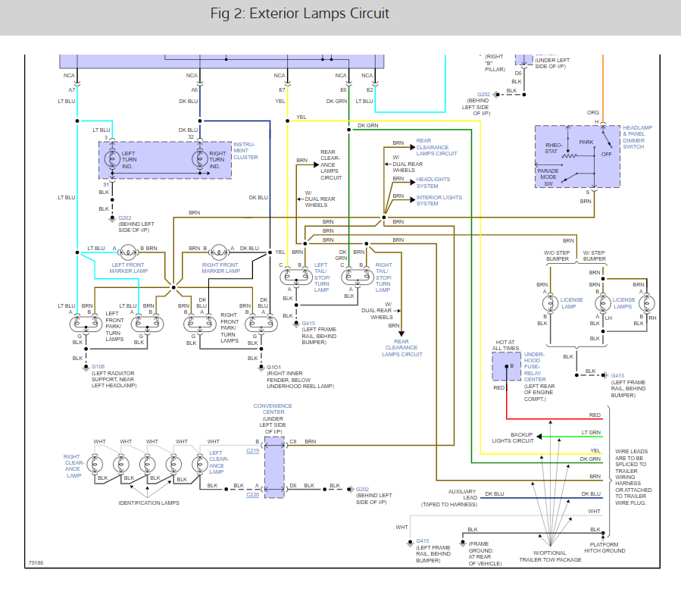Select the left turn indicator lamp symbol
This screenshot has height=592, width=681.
tap(111, 159)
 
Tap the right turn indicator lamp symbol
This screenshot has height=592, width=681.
tap(199, 159)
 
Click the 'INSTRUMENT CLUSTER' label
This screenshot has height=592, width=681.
tap(245, 150)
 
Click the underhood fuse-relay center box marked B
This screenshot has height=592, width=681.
tap(507, 366)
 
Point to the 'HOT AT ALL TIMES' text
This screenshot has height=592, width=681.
tap(506, 346)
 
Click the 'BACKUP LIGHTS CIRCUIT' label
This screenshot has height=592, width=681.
tap(512, 437)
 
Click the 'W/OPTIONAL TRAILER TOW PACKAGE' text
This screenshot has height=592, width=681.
tap(550, 556)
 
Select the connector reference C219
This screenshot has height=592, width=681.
tap(253, 450)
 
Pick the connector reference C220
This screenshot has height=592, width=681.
tap(253, 495)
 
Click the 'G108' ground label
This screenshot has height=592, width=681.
tap(98, 367)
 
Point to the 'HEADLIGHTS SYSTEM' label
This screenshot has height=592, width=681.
tap(433, 183)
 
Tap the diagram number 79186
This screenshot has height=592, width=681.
tap(36, 563)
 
